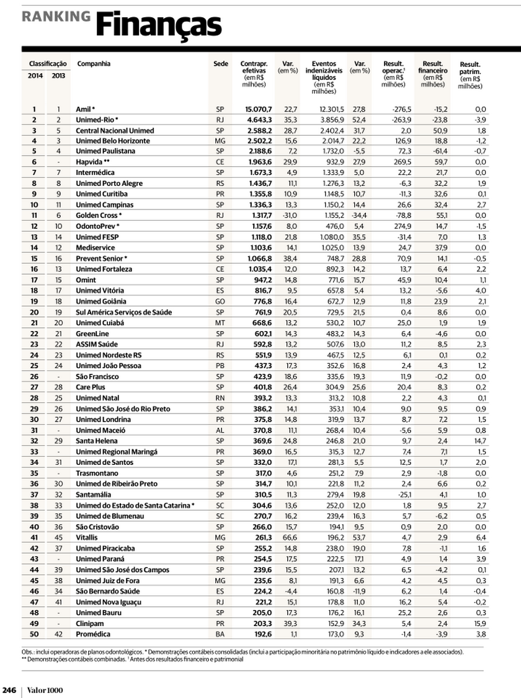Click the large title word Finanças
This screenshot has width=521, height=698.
pos(158,25)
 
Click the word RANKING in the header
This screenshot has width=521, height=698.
pos(56,17)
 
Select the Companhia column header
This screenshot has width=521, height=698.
pos(94,64)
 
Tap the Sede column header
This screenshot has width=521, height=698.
pos(220,64)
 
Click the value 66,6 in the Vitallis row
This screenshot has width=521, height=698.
pos(290,537)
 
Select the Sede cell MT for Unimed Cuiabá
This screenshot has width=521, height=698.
pos(220,323)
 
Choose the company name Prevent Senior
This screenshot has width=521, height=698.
pos(99,258)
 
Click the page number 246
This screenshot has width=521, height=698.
pos(9,690)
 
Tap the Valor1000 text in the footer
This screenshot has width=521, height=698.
pos(45,690)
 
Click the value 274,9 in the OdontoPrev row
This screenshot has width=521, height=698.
pos(394,226)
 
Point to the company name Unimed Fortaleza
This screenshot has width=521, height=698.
pos(104,269)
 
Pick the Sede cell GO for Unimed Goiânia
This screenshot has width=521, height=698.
pos(220,301)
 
